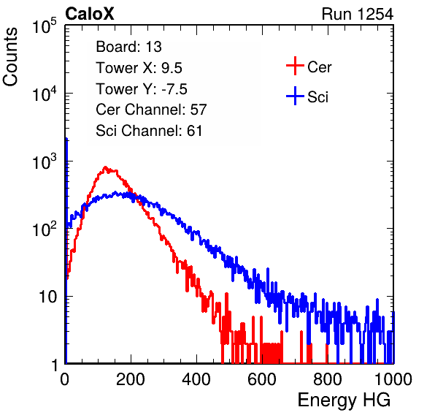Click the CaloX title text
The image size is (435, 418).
point(90,14)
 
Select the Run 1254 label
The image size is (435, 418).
point(358,14)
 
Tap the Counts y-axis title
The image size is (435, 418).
point(10,57)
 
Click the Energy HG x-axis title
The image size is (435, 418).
point(344,400)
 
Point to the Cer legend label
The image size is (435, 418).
point(319,67)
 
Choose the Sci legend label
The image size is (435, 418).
point(317,97)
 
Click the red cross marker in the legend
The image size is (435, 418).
point(295,66)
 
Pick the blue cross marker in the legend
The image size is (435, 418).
point(295,96)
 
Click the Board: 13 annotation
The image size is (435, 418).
point(128,47)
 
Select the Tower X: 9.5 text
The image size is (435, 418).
point(139,68)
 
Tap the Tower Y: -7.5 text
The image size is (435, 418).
point(142,89)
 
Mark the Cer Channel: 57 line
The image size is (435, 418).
point(151,110)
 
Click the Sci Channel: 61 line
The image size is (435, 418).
point(149,131)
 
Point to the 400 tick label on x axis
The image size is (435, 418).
point(196,379)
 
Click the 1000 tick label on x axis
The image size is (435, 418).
point(393,379)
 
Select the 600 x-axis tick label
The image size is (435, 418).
point(262,379)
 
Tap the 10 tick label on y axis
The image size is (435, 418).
point(48,297)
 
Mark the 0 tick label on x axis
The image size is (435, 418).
point(65,379)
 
